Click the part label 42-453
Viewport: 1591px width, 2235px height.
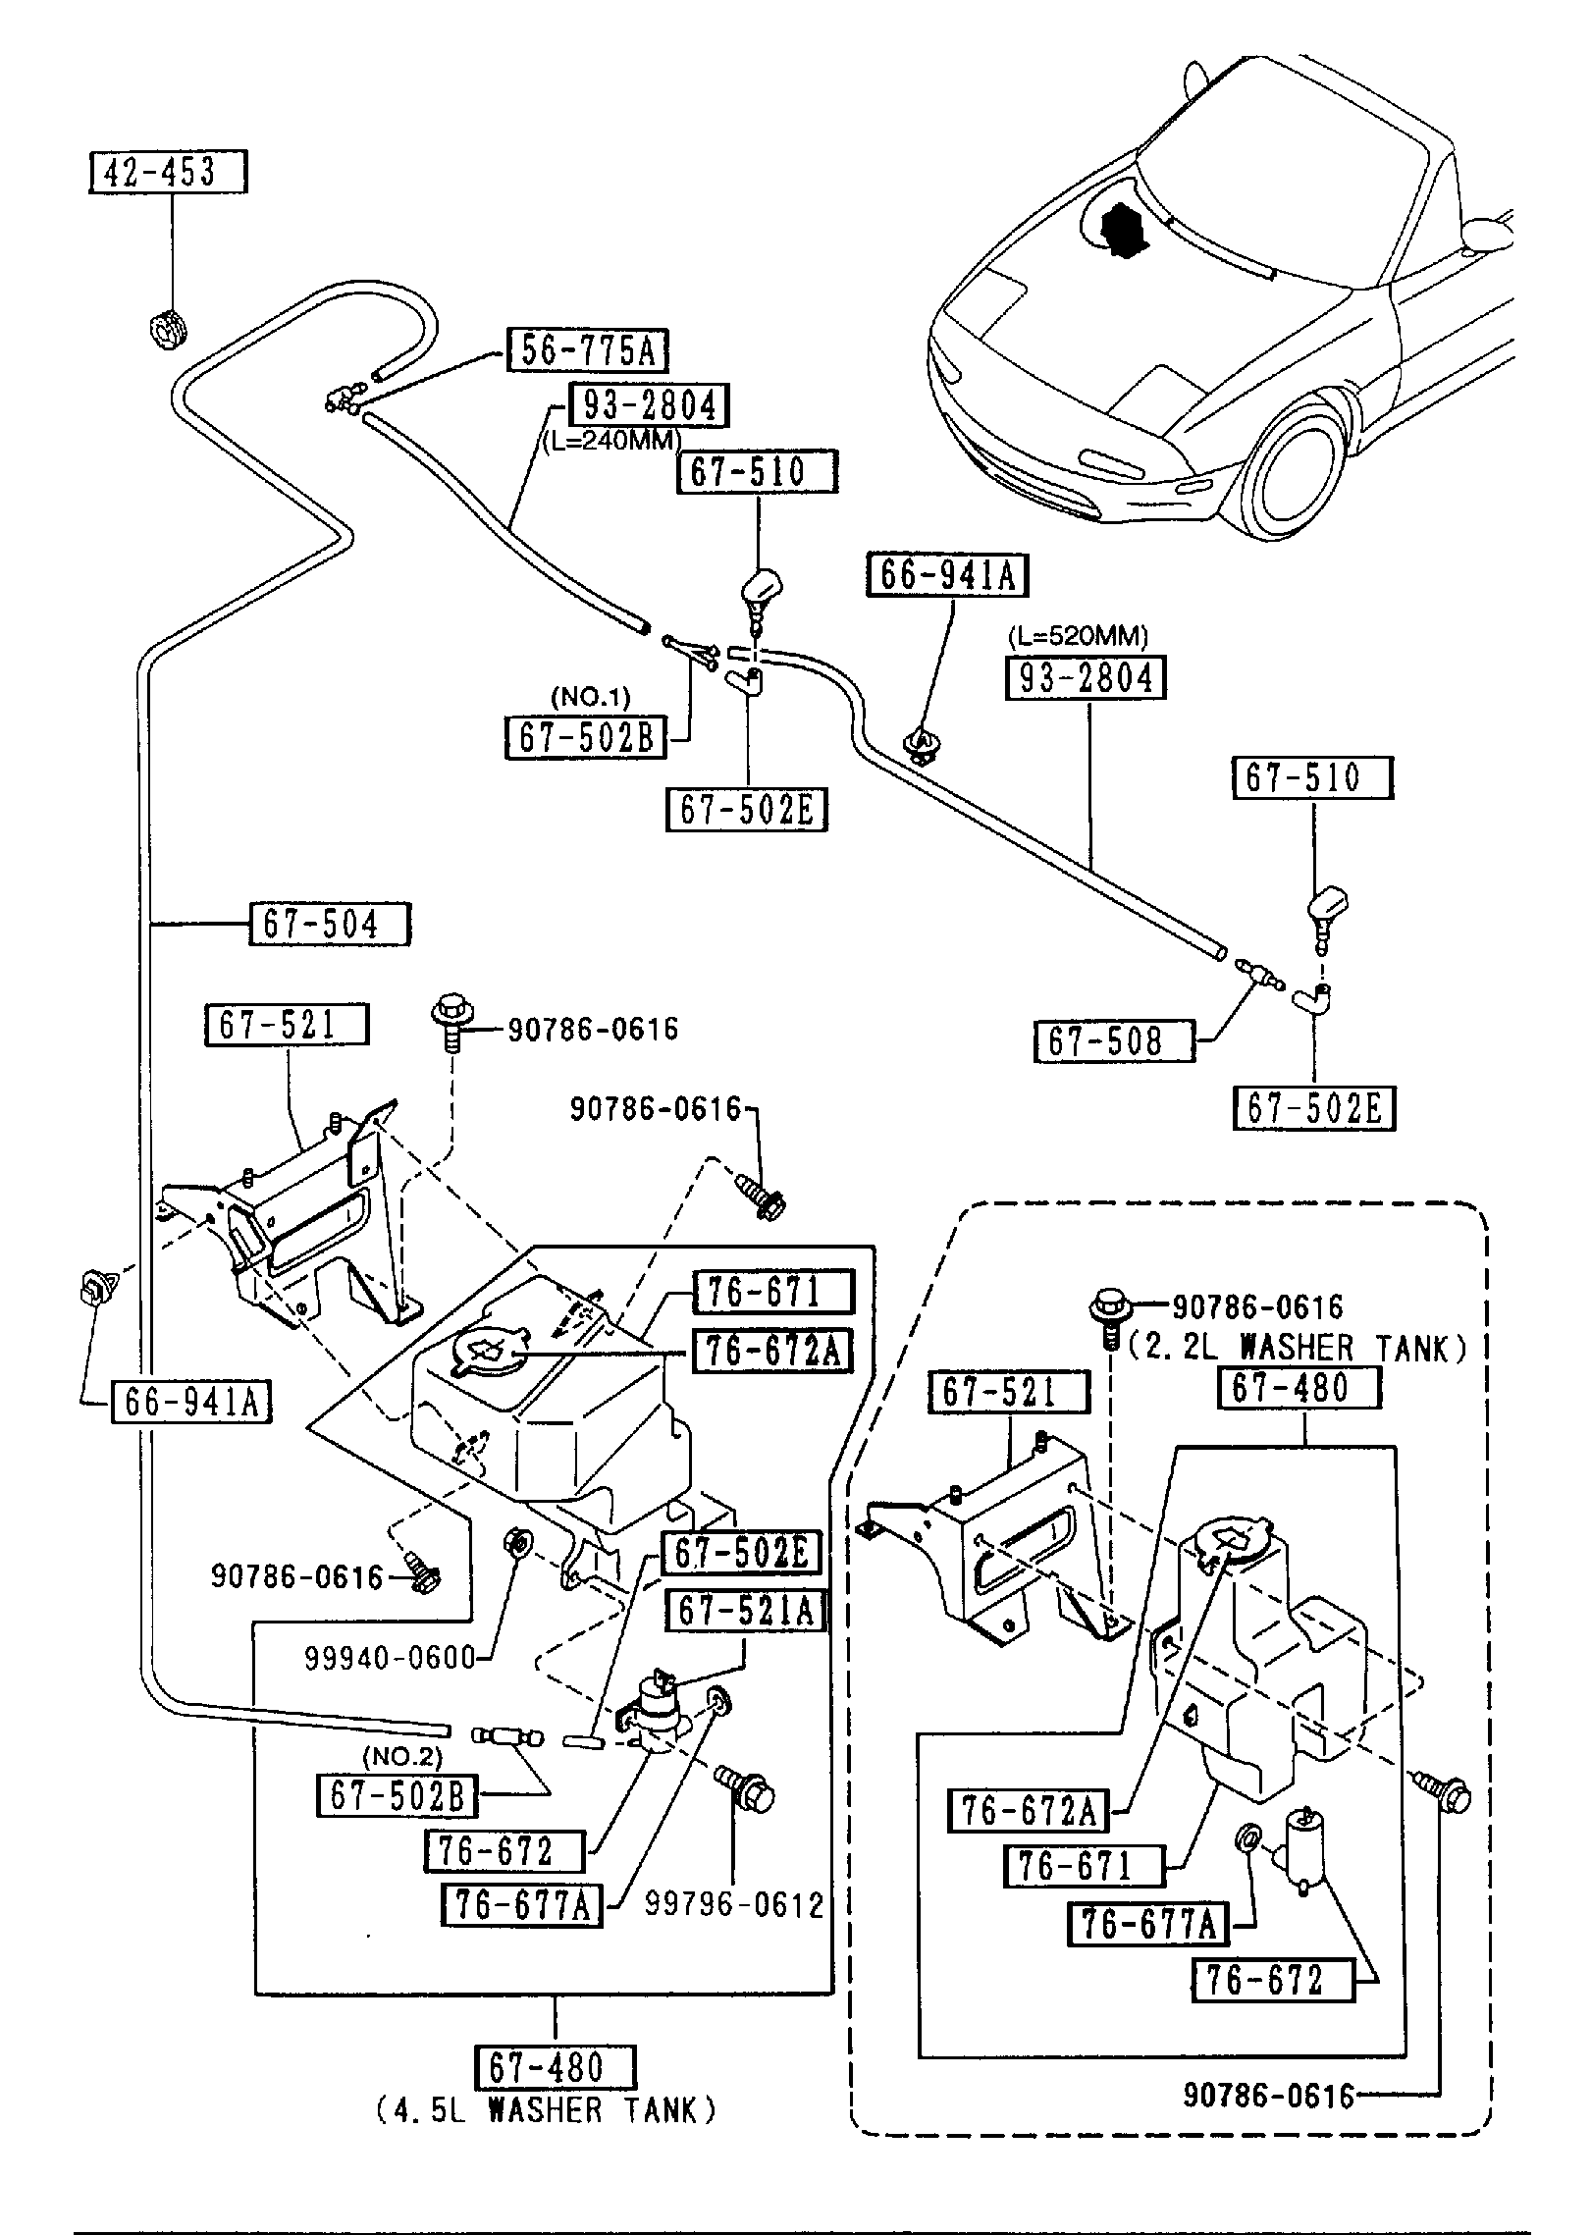[x=167, y=172]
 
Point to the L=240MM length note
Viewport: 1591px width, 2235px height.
[x=611, y=441]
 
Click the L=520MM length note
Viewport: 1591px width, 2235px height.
[x=1078, y=636]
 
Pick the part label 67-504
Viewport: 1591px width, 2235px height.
[x=330, y=925]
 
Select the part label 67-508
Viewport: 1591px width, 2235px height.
[x=1114, y=1041]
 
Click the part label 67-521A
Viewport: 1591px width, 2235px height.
[x=746, y=1611]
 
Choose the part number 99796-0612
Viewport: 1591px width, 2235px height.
[x=733, y=1905]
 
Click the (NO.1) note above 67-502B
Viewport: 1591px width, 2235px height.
[x=590, y=697]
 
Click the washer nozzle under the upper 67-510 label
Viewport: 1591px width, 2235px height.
[x=758, y=593]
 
